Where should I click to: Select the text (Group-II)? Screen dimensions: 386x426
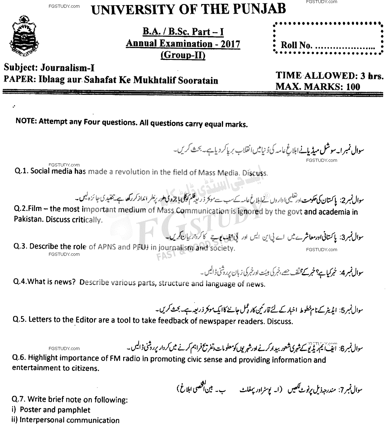pyautogui.click(x=183, y=55)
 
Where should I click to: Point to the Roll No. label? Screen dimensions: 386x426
pyautogui.click(x=296, y=46)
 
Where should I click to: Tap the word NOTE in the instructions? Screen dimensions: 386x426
pyautogui.click(x=25, y=122)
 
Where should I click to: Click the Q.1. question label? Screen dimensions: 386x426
pyautogui.click(x=22, y=171)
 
